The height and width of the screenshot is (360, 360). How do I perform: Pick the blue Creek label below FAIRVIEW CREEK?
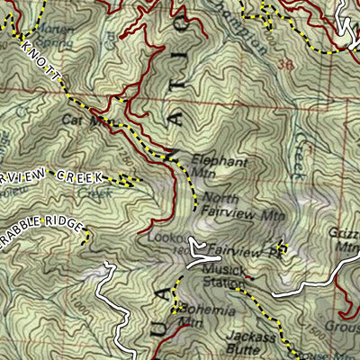tap(90, 192)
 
